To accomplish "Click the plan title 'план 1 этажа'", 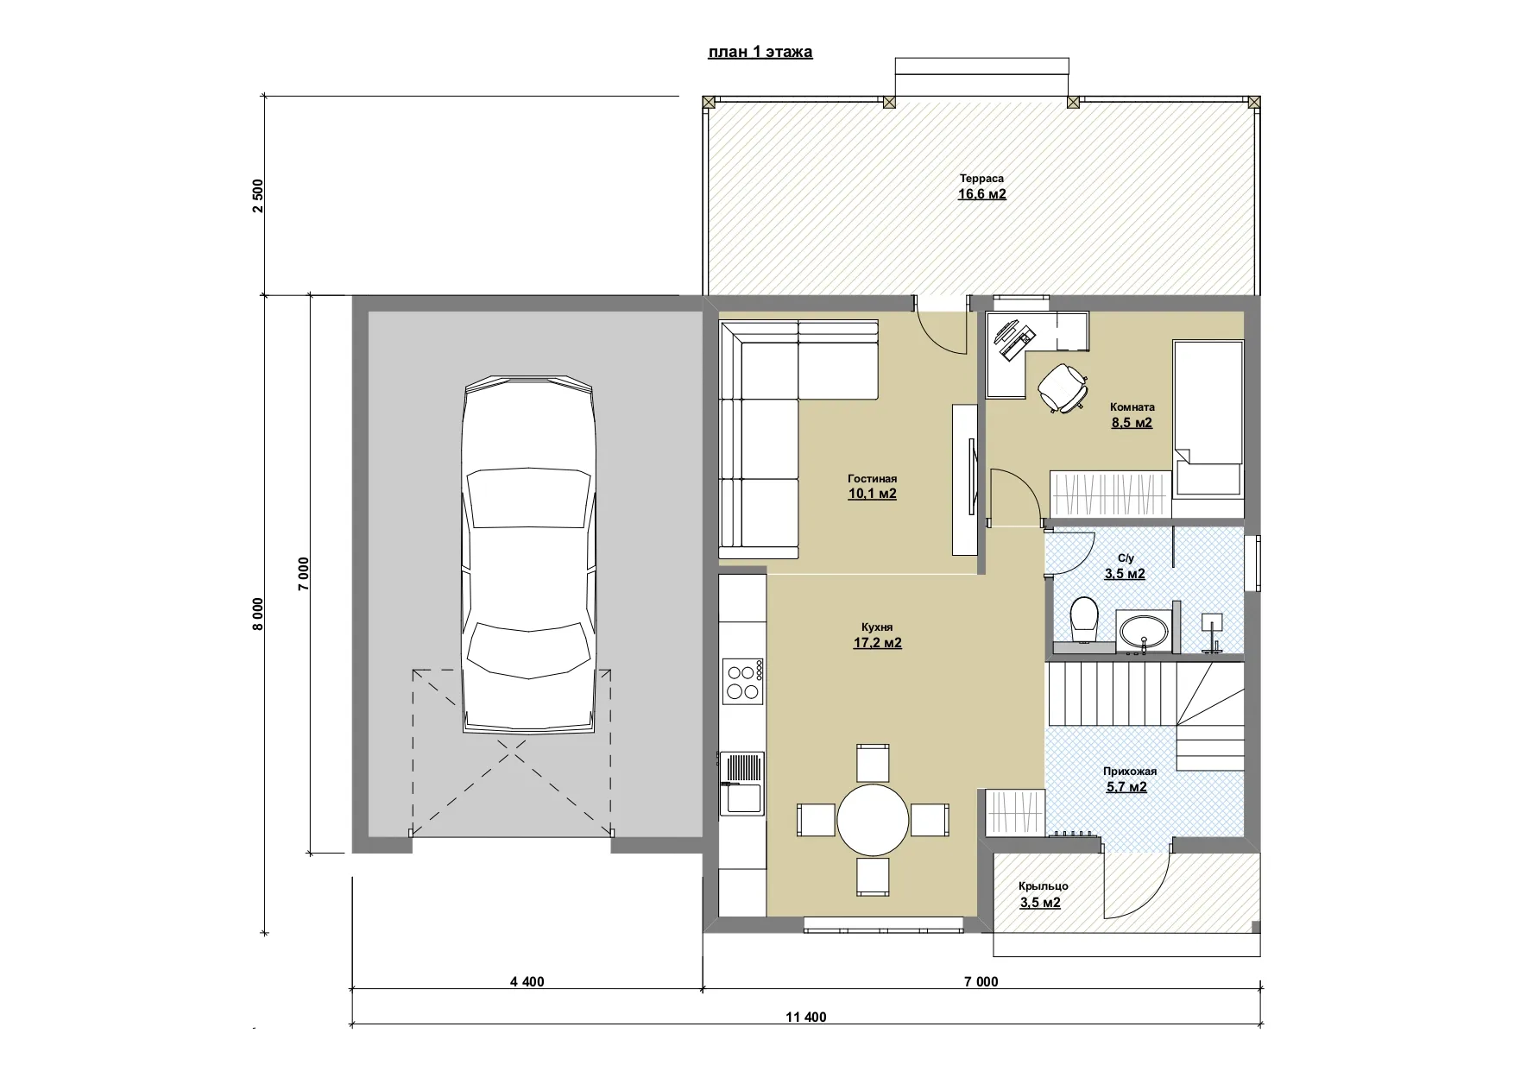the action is pos(760,52).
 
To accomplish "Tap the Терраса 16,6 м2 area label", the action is pos(981,186).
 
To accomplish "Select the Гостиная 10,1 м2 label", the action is pos(872,487).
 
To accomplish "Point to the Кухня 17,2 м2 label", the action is pos(877,635).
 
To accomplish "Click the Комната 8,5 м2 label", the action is pos(1132,415).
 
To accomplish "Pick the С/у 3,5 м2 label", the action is pos(1125,566).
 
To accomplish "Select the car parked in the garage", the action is pos(529,555).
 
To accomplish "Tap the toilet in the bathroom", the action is pos(1083,620).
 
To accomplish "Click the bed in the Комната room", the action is pos(1208,419).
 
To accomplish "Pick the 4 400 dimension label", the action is pos(527,981).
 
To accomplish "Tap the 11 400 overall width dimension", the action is pos(806,1017).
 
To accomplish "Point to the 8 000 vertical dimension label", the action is pos(258,614).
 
